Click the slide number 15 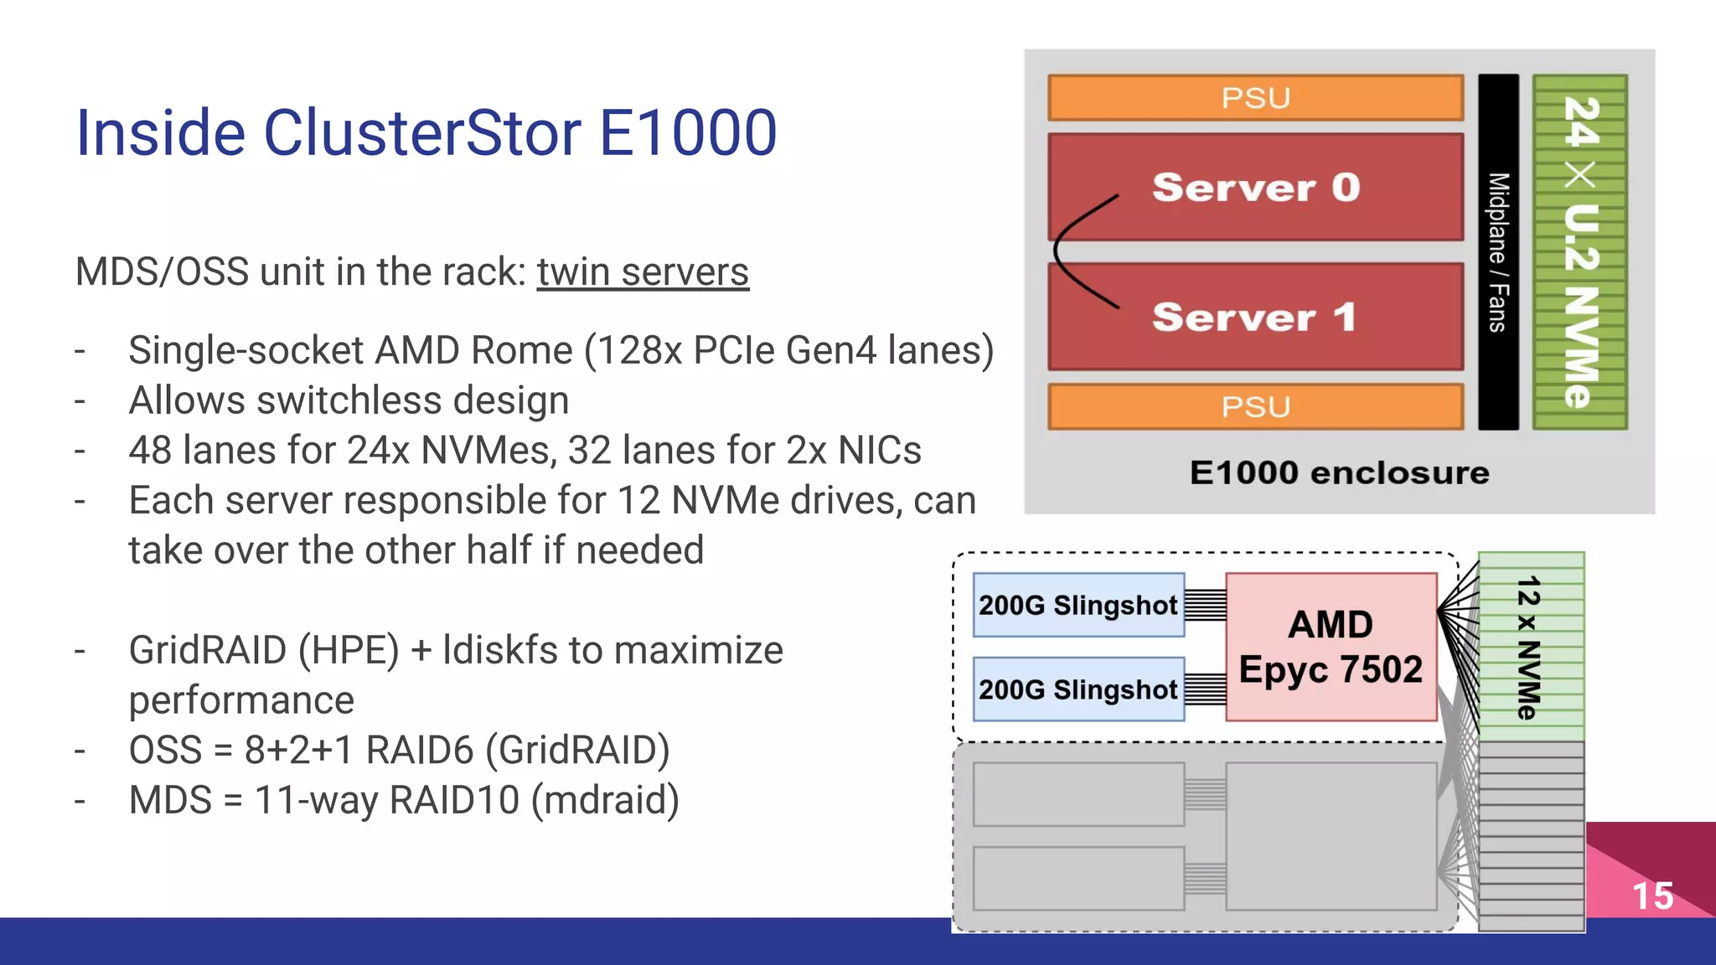point(1652,896)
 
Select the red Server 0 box point(1255,187)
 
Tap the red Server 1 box point(1255,317)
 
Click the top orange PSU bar point(1255,98)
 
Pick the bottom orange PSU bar point(1255,407)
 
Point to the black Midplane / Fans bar point(1498,251)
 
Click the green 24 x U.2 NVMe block point(1580,251)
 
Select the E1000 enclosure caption point(1339,473)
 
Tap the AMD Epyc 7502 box point(1331,647)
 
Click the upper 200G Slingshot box point(1078,605)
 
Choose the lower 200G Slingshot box point(1078,689)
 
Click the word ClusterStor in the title point(422,133)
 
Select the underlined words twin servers point(643,272)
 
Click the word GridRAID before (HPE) point(208,651)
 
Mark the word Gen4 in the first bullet point(832,350)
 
